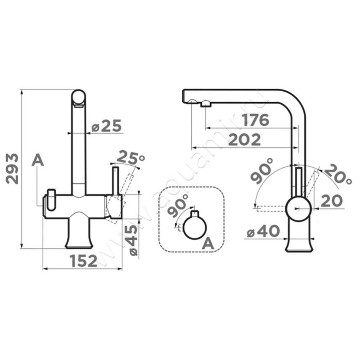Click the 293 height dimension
[13, 169]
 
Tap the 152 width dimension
[84, 261]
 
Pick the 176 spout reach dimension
[255, 120]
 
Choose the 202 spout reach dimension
[245, 139]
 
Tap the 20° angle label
[338, 174]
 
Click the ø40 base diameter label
[263, 231]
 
